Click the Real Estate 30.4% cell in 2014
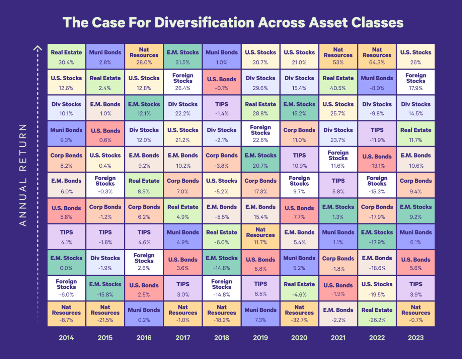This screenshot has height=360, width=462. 66,56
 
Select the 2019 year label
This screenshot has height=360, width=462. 260,338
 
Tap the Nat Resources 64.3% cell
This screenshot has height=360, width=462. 377,56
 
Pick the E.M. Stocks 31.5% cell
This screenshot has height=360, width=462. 183,56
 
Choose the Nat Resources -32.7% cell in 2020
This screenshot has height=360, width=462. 299,314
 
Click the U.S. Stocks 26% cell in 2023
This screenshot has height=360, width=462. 416,56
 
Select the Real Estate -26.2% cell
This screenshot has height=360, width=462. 377,314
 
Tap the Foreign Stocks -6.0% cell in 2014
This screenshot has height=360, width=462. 66,288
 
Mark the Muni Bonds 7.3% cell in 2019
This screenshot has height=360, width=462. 260,314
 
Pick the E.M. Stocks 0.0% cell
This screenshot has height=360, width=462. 66,262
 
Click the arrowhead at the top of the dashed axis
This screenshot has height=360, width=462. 37,48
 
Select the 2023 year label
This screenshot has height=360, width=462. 416,338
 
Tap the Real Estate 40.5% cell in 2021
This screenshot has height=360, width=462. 338,82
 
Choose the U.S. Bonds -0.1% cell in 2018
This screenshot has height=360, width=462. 222,82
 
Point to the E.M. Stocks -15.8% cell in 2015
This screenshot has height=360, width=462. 105,288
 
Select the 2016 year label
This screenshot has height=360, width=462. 144,338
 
